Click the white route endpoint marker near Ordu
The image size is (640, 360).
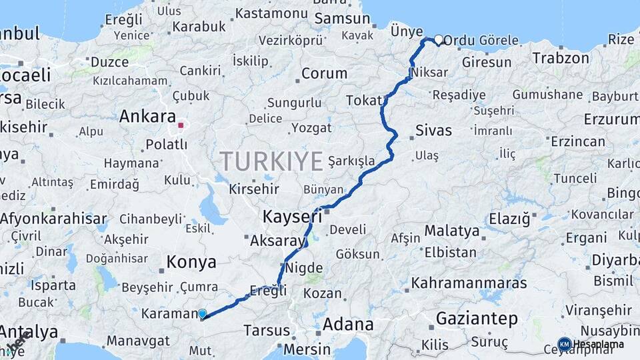click(x=439, y=39)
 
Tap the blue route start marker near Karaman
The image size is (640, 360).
click(x=202, y=313)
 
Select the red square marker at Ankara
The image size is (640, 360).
click(x=181, y=124)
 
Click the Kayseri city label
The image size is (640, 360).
click(x=292, y=217)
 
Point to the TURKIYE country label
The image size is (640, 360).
click(x=271, y=161)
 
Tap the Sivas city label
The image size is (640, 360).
click(x=433, y=130)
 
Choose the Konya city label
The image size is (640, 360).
click(x=191, y=262)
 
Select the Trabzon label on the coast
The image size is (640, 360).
click(x=561, y=58)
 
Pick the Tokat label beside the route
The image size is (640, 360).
click(x=363, y=101)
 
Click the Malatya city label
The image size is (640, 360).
click(x=452, y=231)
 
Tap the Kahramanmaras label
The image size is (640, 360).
click(x=468, y=283)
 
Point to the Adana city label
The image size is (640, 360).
click(x=348, y=325)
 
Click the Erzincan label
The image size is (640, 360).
click(x=578, y=141)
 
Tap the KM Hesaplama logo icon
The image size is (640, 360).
click(x=564, y=344)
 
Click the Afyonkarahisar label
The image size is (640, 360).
click(x=53, y=218)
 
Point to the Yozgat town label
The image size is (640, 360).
click(x=311, y=127)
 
